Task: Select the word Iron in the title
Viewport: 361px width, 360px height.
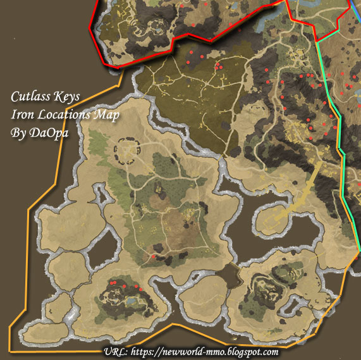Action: pyautogui.click(x=21, y=116)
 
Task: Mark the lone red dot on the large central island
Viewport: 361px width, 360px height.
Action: pyautogui.click(x=152, y=256)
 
